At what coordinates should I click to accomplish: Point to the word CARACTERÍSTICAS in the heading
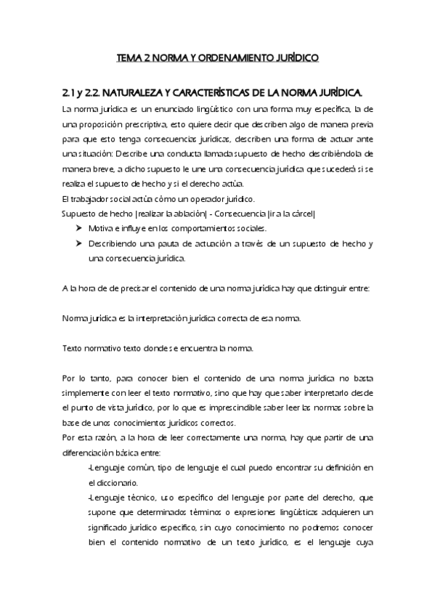226,93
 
